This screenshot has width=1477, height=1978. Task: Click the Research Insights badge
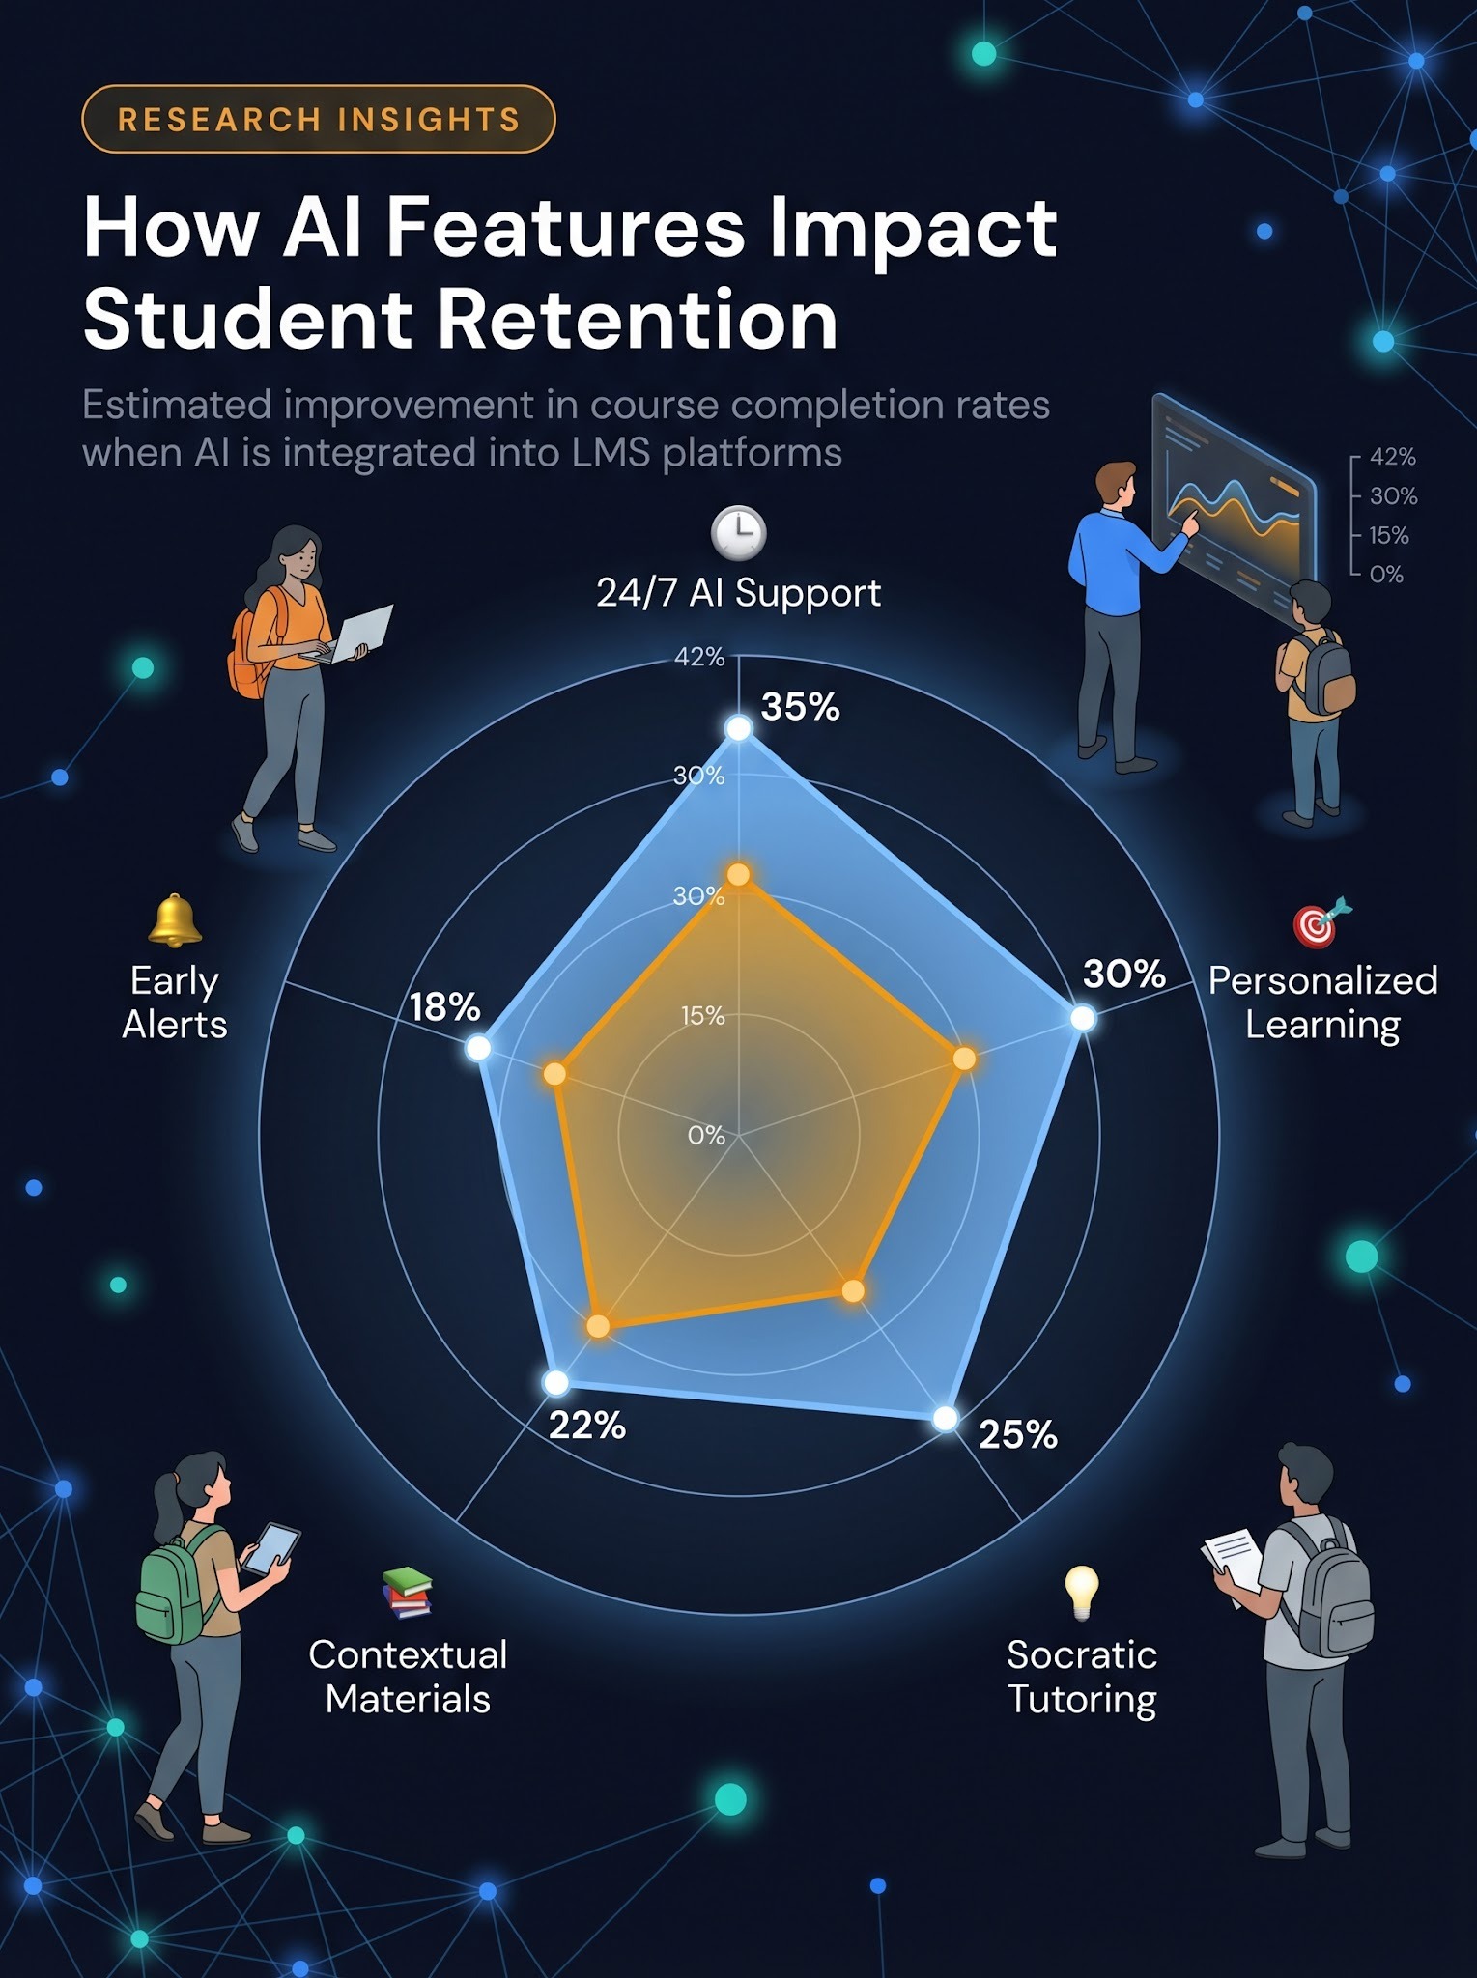click(x=318, y=119)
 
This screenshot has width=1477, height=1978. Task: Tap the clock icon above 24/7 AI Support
click(x=738, y=532)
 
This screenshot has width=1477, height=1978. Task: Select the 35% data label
click(x=800, y=707)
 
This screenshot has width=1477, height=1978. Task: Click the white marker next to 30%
click(x=1083, y=1018)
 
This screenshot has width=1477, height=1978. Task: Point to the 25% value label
click(x=1017, y=1435)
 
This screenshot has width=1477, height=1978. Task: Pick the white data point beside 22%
click(x=555, y=1382)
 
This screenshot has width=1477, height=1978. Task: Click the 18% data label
click(x=444, y=1007)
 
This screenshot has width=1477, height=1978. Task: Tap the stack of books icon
click(x=407, y=1593)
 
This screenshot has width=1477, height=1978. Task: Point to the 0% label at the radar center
click(x=706, y=1136)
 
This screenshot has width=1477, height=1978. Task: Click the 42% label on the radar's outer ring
click(x=699, y=657)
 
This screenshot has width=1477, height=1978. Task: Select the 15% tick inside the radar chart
click(x=702, y=1016)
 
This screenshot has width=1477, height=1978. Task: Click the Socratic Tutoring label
click(x=1082, y=1677)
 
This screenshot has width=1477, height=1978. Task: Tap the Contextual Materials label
click(x=408, y=1677)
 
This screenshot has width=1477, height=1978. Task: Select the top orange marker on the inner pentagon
click(x=738, y=875)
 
